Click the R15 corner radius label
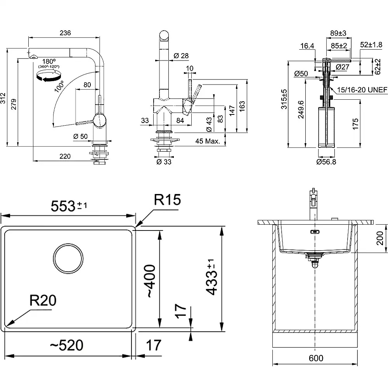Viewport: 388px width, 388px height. pos(167,200)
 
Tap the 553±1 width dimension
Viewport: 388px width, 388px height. pos(69,206)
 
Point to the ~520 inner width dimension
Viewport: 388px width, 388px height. pos(66,345)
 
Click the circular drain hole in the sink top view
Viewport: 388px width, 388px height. pos(68,259)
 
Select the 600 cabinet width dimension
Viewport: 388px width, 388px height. pos(316,358)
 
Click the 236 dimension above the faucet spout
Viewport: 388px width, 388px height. pos(65,33)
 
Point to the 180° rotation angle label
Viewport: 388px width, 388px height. pos(49,61)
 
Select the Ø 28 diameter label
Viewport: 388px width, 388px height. pos(178,56)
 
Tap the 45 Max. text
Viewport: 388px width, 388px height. pos(208,141)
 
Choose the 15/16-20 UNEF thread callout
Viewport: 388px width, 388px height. pos(362,90)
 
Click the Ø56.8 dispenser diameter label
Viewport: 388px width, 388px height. pos(326,162)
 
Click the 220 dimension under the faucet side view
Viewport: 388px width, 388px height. pos(65,156)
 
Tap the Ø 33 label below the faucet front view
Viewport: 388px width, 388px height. pos(163,162)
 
